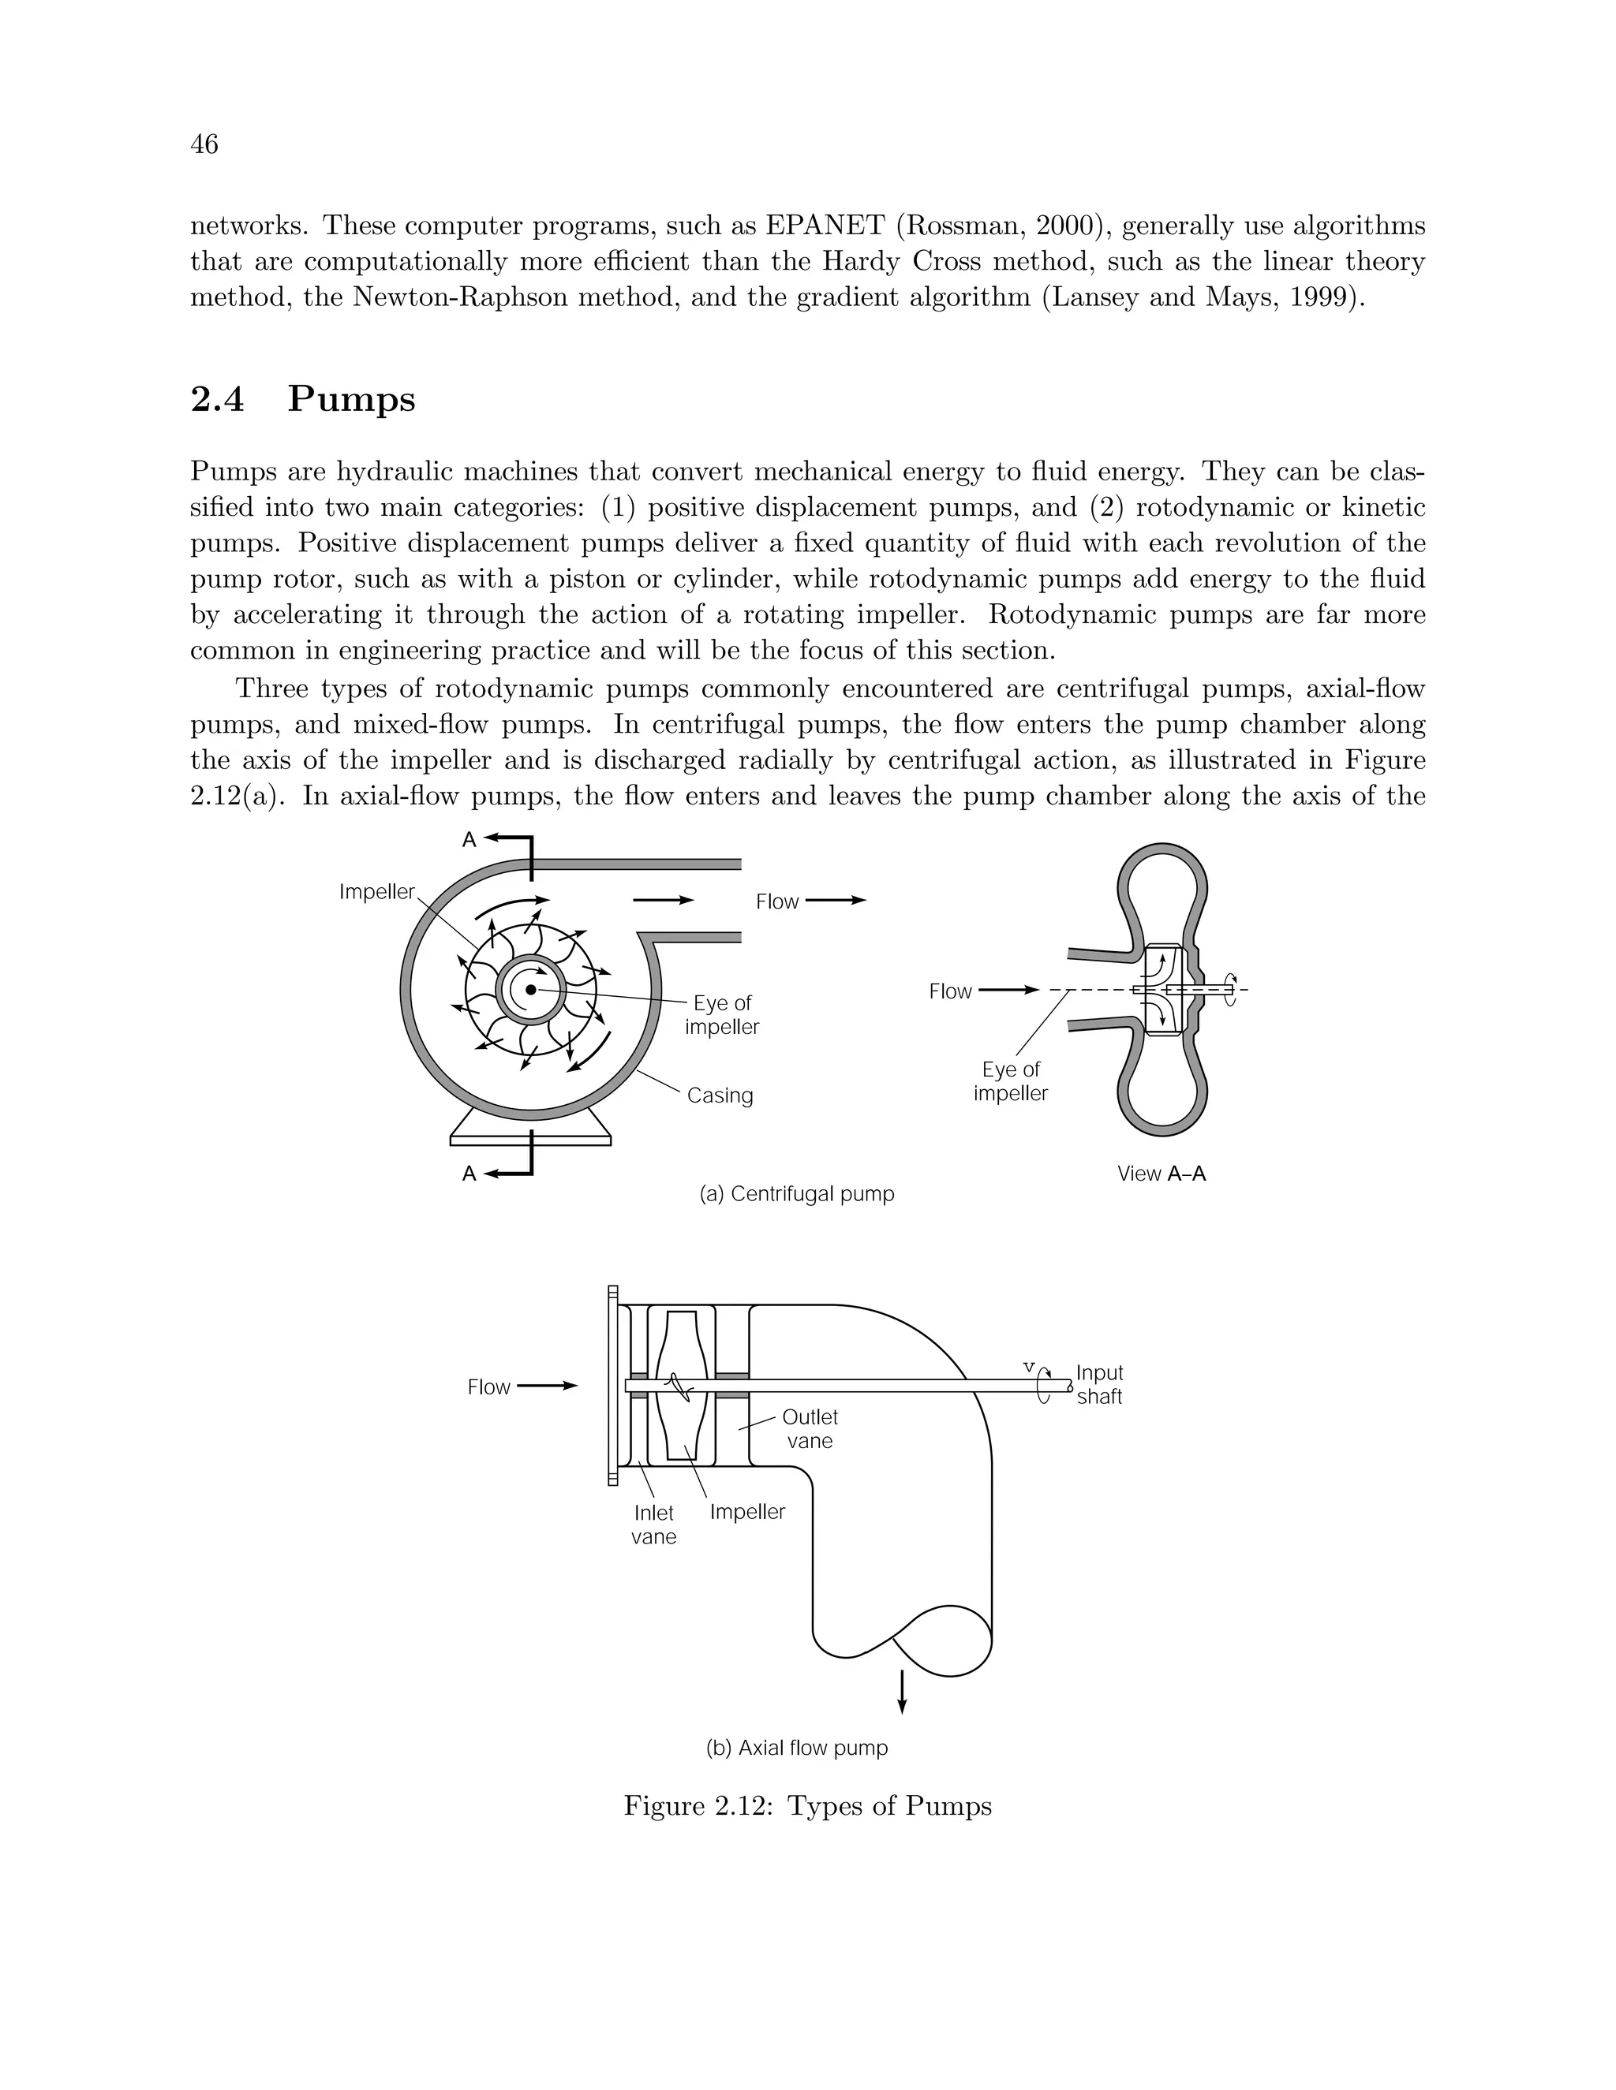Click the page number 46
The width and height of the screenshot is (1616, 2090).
[x=205, y=144]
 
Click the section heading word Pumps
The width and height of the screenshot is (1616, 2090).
[x=351, y=399]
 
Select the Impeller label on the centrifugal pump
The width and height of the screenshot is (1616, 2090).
[x=377, y=892]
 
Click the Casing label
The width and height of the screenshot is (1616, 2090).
[x=720, y=1095]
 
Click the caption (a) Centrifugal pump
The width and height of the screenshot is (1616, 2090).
[x=798, y=1193]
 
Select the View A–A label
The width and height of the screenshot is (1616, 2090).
[x=1161, y=1174]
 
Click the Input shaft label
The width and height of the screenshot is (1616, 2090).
[x=1099, y=1384]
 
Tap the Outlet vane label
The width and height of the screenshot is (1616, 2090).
[x=810, y=1429]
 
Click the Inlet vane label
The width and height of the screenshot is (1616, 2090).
[x=654, y=1525]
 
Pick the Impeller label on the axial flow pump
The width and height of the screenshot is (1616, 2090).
[x=748, y=1512]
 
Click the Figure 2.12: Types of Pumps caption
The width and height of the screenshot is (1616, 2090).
[x=808, y=1806]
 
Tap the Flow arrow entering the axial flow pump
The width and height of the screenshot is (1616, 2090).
[x=547, y=1386]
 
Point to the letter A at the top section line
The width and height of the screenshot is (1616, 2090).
[x=469, y=839]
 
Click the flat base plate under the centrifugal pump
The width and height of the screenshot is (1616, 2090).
[x=530, y=1140]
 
